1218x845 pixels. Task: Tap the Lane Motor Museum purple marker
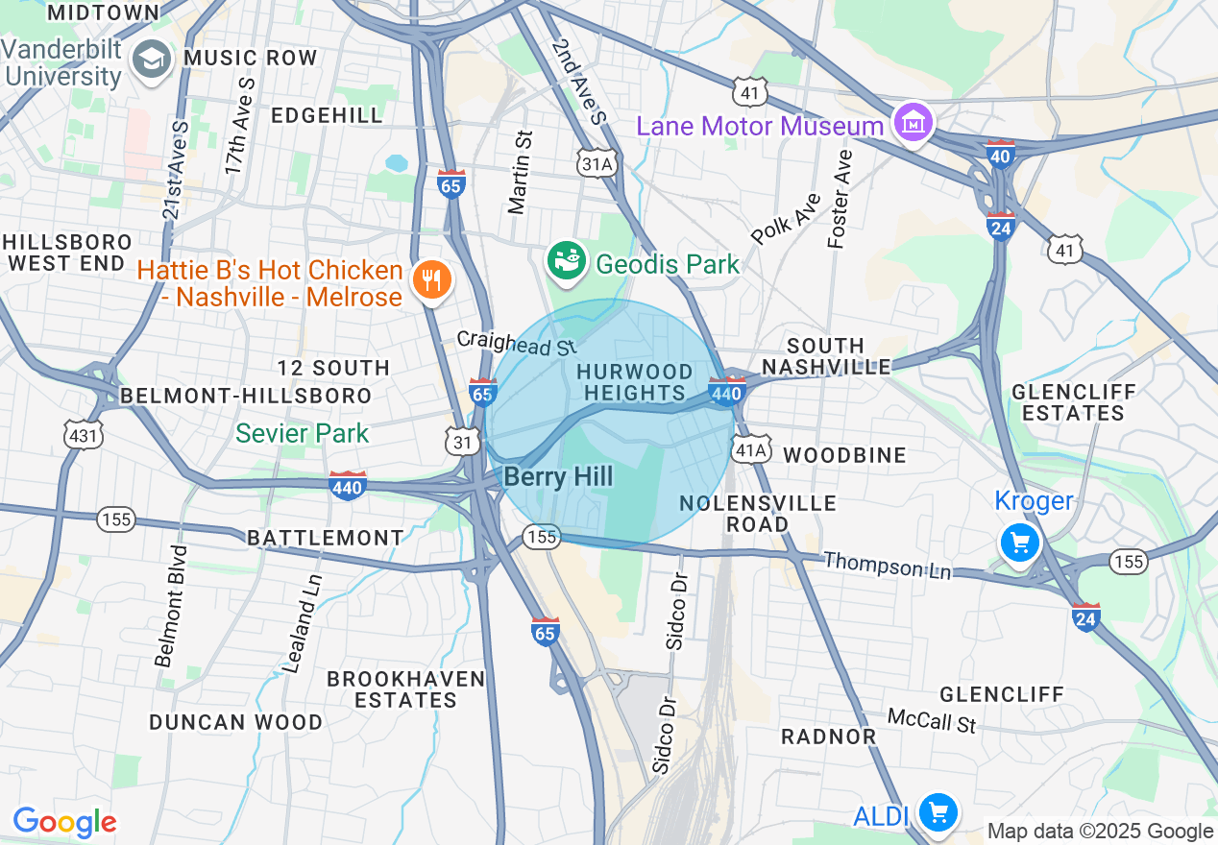912,123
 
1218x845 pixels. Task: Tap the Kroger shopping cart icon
1019,543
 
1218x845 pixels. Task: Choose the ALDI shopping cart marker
938,813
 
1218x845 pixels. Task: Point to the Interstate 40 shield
1000,154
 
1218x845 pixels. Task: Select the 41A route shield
749,450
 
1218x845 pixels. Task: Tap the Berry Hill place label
558,476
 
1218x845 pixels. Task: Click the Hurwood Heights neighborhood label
634,382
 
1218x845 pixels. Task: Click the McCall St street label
931,720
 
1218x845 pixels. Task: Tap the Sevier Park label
303,433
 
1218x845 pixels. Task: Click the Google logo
64,822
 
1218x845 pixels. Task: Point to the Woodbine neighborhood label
845,454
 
